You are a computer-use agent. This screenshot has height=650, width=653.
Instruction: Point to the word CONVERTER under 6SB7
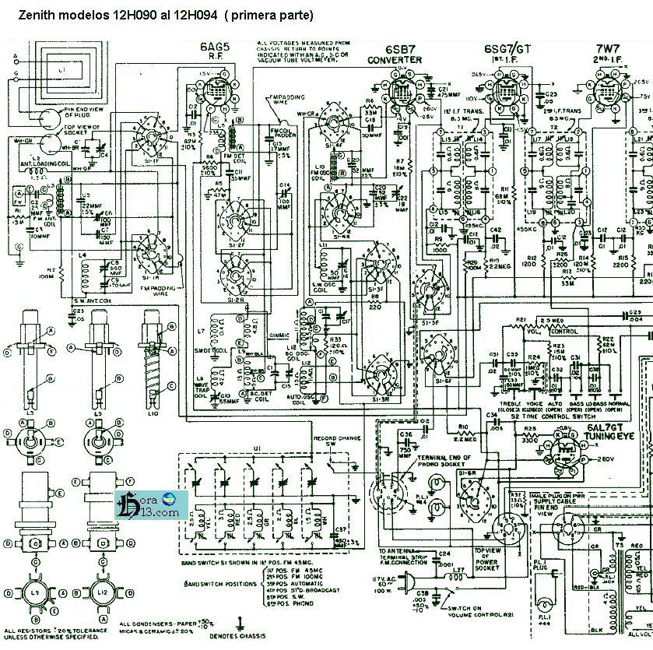pos(395,60)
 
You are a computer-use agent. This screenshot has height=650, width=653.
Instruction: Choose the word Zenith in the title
pos(33,15)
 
